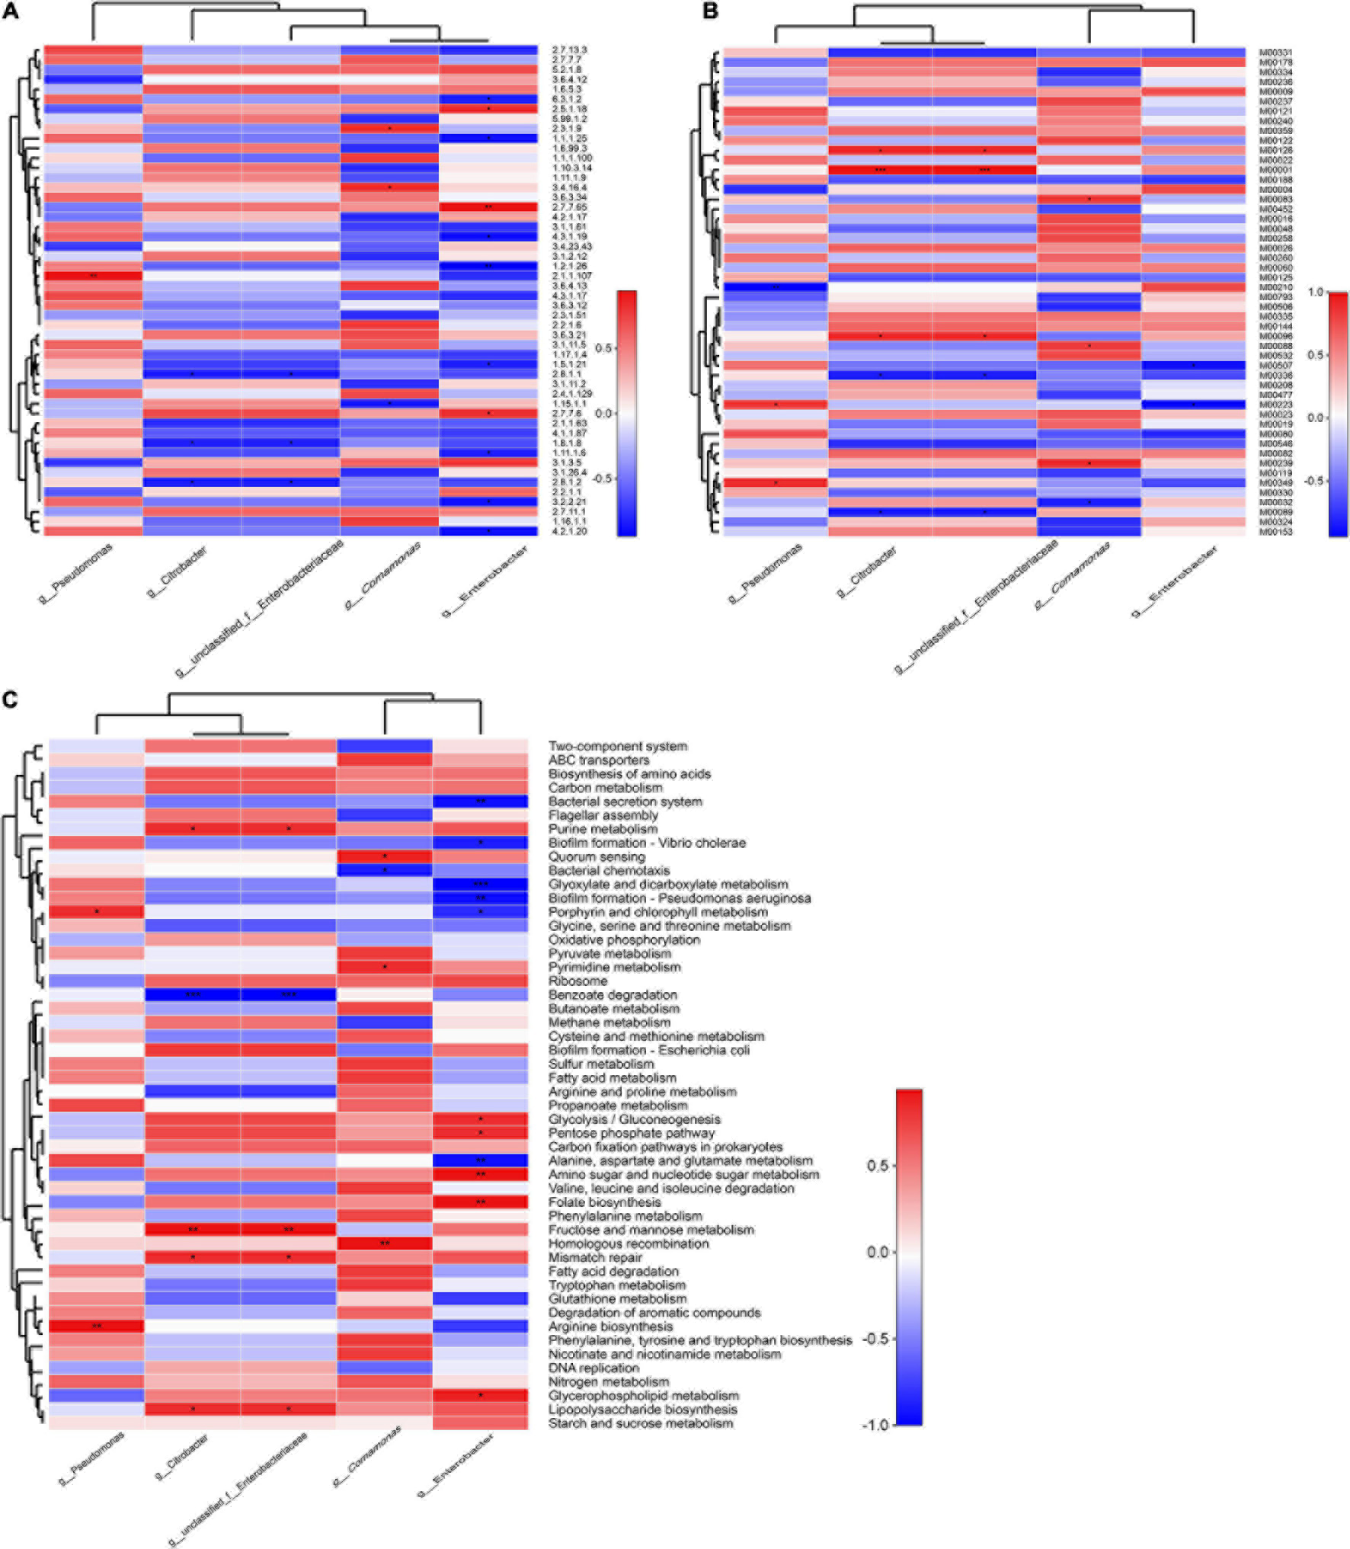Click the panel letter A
click(x=11, y=11)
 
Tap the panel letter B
click(x=709, y=11)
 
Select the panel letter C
click(x=11, y=699)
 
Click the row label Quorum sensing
click(x=597, y=856)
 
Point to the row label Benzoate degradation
click(x=613, y=994)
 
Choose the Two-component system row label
click(x=618, y=746)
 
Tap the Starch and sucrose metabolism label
click(x=641, y=1423)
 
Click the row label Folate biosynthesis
click(x=605, y=1202)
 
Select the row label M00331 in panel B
click(x=1275, y=53)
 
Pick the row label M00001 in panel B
click(x=1275, y=170)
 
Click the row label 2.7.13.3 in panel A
click(x=569, y=50)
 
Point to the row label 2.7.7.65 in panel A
click(x=569, y=207)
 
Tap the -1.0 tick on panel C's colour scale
click(x=876, y=1425)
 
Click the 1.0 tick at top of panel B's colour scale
click(x=1315, y=293)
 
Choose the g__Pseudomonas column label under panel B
click(x=766, y=574)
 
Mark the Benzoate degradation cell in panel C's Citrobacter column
click(x=193, y=994)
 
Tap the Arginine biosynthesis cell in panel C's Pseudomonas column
click(x=97, y=1326)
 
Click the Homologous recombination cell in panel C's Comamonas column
click(x=385, y=1243)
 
